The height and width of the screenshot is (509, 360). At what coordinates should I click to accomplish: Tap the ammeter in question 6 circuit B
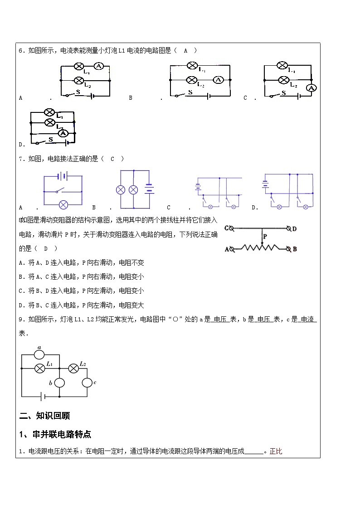[x=218, y=80]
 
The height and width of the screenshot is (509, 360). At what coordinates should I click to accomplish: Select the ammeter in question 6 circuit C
[x=311, y=88]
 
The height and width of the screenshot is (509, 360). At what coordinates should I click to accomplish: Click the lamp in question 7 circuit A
[x=63, y=205]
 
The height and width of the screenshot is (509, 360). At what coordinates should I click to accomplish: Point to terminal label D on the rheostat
[x=294, y=228]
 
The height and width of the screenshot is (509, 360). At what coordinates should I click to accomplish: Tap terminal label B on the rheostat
[x=295, y=249]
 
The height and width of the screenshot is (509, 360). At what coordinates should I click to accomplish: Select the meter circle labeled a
[x=39, y=354]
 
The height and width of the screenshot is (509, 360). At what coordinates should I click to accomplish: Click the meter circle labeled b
[x=59, y=383]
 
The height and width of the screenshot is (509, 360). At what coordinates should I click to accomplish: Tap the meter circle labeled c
[x=87, y=383]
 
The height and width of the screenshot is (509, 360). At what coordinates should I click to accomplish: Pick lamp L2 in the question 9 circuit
[x=73, y=368]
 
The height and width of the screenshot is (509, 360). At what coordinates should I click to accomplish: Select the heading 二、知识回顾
[x=44, y=416]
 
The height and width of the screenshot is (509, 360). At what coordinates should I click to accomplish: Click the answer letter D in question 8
[x=45, y=248]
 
